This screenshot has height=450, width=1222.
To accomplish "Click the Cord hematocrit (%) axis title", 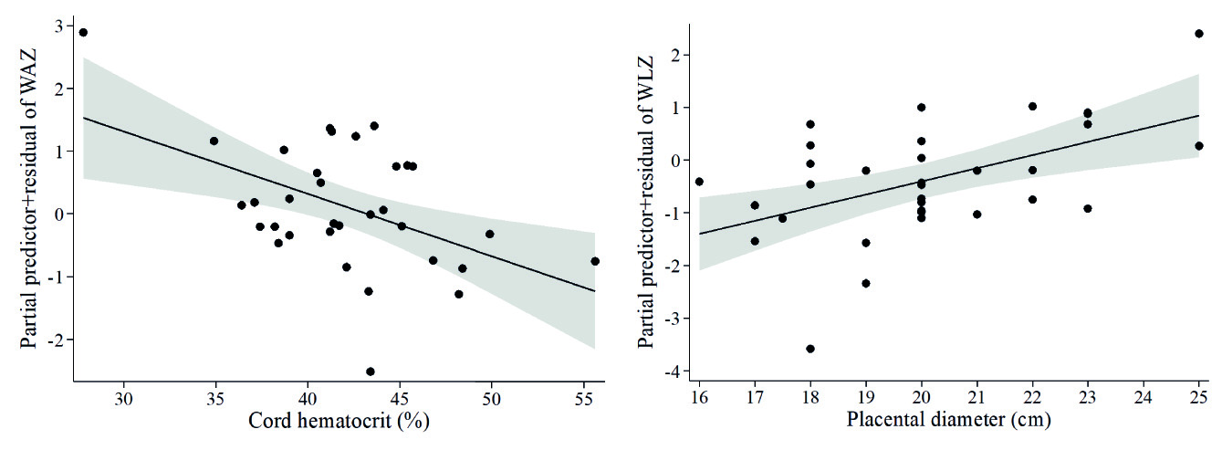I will click(338, 422).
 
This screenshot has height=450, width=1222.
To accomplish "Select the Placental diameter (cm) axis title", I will click(949, 422).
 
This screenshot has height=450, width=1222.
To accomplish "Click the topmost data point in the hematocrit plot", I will click(83, 32).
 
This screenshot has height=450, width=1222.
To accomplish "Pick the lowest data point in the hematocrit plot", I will click(370, 372).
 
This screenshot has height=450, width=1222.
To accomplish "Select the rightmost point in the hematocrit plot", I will click(595, 261).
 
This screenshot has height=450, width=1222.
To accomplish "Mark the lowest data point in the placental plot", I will click(810, 349).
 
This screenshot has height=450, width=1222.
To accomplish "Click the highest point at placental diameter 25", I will click(1199, 34).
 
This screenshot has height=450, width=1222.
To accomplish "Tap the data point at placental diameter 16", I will click(699, 182).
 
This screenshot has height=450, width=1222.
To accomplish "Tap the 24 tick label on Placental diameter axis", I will click(1144, 399).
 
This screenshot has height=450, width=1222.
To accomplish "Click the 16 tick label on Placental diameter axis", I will click(699, 399).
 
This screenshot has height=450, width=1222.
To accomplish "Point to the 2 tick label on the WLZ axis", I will click(675, 55).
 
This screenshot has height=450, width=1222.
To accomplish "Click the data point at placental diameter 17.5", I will click(782, 218).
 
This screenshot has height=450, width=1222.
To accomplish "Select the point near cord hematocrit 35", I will click(214, 141).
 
